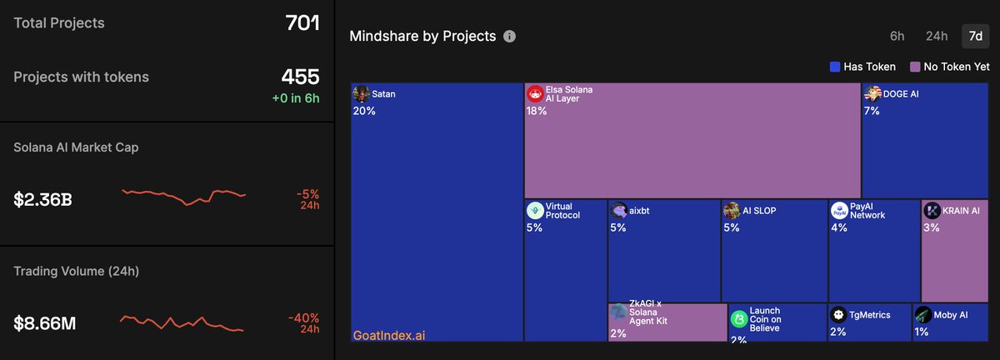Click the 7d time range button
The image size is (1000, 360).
pos(975,36)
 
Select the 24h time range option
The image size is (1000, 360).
pos(937,36)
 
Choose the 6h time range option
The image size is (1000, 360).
pos(897,36)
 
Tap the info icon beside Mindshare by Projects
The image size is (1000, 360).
pos(510,37)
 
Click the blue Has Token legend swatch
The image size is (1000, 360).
pos(835,67)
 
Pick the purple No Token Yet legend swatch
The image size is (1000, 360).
pos(915,67)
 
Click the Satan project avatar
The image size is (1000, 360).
pos(362,94)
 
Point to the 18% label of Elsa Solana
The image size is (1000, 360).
pos(537,111)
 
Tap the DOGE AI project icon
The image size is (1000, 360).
pos(872,94)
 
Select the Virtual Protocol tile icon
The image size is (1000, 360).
pos(535,210)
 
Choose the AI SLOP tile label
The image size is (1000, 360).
pos(758,211)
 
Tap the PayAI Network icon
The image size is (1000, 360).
pos(839,210)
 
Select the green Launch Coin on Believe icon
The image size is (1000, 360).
pos(738,318)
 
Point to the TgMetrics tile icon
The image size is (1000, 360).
pos(838,315)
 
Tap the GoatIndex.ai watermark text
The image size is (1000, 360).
pos(390,335)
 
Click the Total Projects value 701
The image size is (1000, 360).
pos(302,22)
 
